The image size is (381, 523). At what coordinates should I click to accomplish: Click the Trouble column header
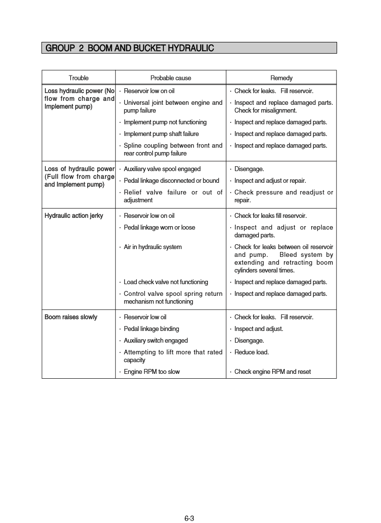79,78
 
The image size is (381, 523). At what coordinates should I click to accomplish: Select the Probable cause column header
171,78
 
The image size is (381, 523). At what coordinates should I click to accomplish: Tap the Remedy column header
281,78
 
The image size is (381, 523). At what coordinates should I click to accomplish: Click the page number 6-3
189,518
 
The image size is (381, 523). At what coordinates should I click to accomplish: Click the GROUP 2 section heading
129,48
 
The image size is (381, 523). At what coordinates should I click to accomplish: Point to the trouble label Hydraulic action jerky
74,216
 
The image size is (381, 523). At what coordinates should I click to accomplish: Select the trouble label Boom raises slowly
71,317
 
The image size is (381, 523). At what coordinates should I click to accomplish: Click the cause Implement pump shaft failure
161,134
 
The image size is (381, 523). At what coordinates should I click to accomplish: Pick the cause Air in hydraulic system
153,247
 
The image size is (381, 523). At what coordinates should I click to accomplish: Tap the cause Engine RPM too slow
152,372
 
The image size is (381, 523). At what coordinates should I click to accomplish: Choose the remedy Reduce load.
252,352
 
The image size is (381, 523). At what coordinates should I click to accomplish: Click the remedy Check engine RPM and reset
272,372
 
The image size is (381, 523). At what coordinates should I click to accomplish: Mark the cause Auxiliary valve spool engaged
162,169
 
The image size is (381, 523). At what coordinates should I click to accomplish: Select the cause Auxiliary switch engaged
156,341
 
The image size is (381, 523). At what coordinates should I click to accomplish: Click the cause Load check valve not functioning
166,282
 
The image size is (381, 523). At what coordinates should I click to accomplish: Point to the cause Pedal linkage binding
151,329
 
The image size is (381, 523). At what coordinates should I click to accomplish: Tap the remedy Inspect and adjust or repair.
270,181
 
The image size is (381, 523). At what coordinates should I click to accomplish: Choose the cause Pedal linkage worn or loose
160,228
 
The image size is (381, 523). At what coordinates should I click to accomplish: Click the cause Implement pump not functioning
165,122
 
